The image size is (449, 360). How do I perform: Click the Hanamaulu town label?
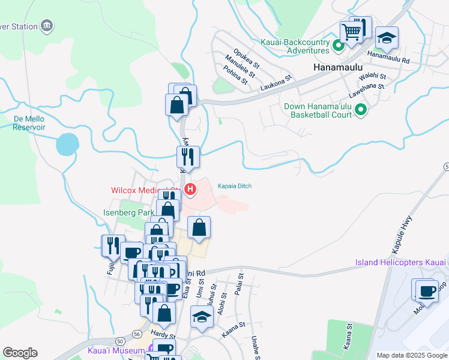point(337,68)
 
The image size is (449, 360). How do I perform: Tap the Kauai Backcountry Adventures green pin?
point(339,45)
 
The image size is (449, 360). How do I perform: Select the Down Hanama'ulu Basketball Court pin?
point(361,110)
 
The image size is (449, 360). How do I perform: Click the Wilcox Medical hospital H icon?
point(191,191)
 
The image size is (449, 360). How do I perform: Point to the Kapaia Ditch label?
point(234,186)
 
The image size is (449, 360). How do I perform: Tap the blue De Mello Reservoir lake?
point(67,145)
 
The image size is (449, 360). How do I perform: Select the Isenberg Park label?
point(128,212)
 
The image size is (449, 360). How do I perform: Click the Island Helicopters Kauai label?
point(400,262)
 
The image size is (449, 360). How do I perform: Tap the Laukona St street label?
point(276,82)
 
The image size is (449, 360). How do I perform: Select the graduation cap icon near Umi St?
point(202,316)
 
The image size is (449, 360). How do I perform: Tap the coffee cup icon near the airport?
point(427,290)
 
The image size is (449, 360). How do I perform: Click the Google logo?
point(20,353)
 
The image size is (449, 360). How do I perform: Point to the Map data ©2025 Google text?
point(411,355)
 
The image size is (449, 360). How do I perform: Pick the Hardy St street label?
point(162,334)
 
